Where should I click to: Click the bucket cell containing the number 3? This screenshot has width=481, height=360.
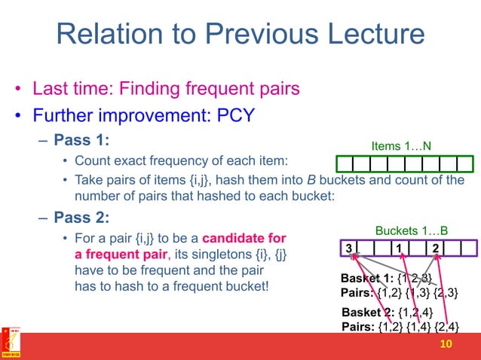pyautogui.click(x=348, y=249)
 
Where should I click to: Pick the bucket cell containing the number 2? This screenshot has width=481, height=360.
pyautogui.click(x=436, y=249)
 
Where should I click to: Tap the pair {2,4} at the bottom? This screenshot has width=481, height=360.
pyautogui.click(x=443, y=326)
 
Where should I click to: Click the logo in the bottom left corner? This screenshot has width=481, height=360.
pyautogui.click(x=11, y=343)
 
